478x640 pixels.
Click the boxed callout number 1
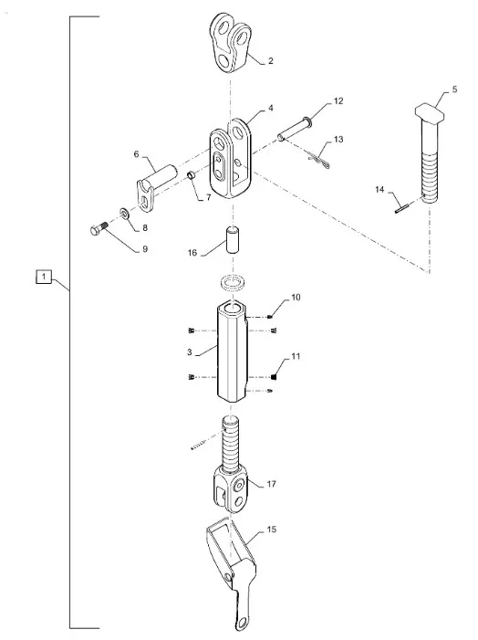[x=44, y=277]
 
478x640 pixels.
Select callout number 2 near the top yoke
[x=270, y=61]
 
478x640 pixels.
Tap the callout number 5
[x=454, y=89]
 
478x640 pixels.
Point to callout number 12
[x=338, y=100]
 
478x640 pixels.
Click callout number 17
[x=271, y=484]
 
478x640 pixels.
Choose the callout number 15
[x=271, y=530]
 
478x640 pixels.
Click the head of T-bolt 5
[x=430, y=111]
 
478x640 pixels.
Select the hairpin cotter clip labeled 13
[x=319, y=161]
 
